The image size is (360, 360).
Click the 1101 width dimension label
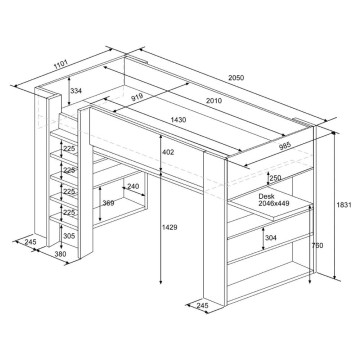61,64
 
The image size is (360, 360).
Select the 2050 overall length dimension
236,78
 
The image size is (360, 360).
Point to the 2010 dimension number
214,100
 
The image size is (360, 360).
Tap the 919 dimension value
137,98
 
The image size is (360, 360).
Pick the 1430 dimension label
178,120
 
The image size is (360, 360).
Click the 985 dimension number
285,146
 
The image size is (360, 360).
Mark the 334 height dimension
76,91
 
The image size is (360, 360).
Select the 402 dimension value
168,152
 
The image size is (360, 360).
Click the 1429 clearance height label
170,227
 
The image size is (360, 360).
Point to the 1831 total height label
344,205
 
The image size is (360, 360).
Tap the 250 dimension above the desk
275,178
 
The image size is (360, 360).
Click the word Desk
266,197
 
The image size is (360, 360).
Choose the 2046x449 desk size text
273,203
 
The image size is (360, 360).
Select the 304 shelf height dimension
270,238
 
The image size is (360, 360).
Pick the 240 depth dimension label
133,186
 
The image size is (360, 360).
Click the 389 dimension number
108,203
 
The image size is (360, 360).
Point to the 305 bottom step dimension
69,236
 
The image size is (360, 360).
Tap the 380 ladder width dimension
60,254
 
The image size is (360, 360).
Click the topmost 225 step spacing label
70,149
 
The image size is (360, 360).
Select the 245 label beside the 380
31,242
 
